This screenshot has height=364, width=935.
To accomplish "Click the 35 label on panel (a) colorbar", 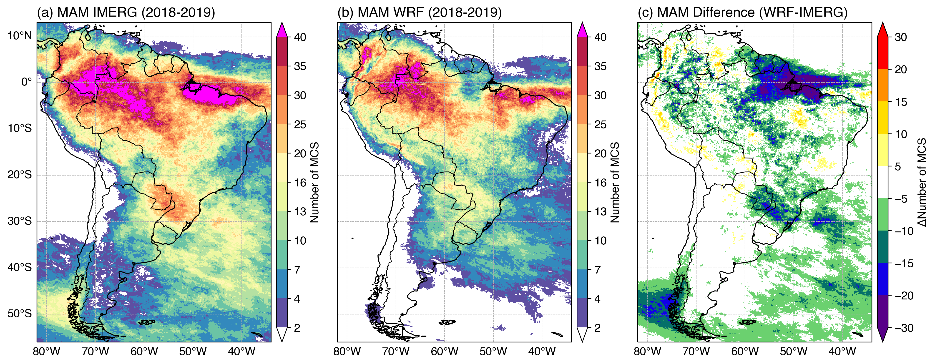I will tap(300, 66).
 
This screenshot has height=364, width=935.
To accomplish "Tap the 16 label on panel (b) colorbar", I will tap(600, 183).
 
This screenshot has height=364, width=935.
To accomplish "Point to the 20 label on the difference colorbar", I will tap(901, 69).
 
